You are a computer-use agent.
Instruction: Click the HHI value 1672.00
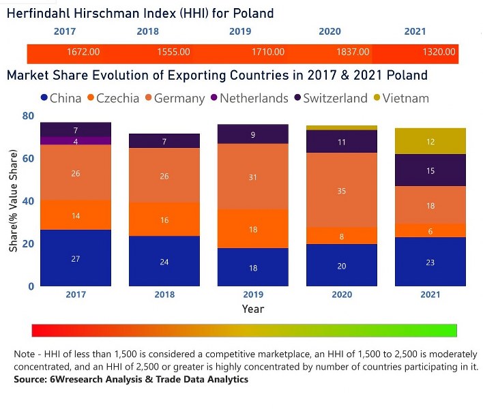[84, 52]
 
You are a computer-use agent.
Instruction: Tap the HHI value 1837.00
[353, 52]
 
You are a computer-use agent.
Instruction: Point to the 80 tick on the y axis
[27, 116]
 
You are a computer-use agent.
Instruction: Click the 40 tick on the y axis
[27, 201]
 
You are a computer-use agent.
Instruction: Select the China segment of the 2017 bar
[76, 258]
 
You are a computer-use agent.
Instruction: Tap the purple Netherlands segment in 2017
[76, 141]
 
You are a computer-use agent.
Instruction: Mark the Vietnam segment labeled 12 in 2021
[430, 141]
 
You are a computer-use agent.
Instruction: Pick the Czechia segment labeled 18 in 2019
[253, 229]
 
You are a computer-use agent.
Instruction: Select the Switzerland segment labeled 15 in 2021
[430, 170]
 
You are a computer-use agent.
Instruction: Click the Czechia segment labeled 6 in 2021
[430, 231]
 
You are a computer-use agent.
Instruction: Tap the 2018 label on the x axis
[164, 294]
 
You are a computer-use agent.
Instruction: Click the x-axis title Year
[253, 309]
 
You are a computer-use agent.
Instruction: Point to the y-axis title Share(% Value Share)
[14, 202]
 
